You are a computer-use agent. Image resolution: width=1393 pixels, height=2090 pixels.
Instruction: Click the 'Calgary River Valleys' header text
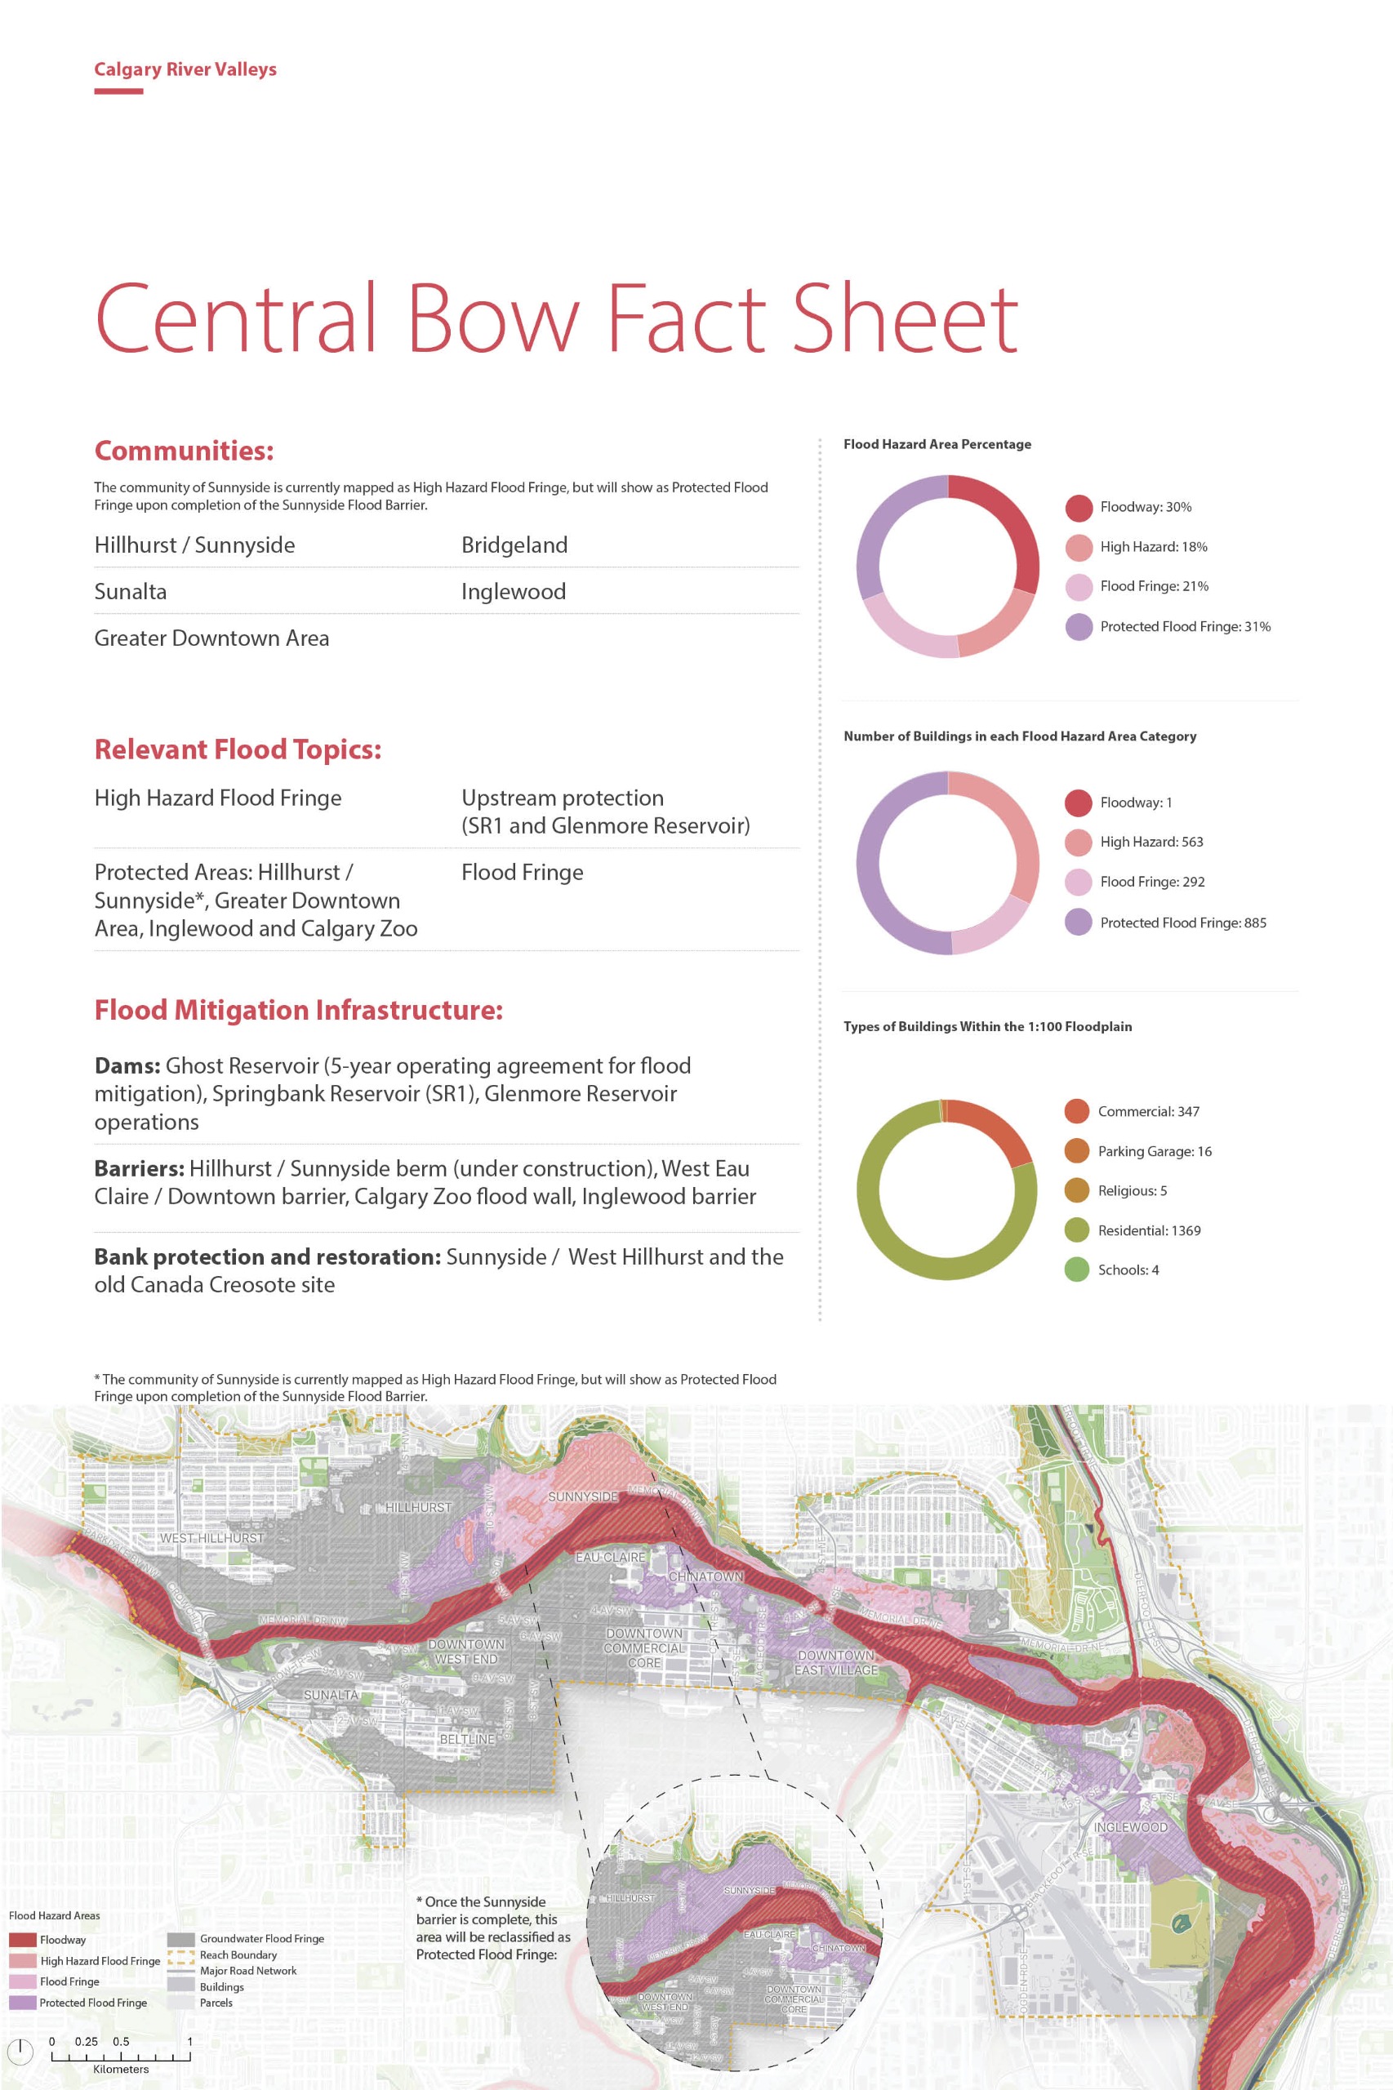[x=185, y=69]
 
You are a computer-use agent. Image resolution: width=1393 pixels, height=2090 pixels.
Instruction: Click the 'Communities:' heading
[x=184, y=451]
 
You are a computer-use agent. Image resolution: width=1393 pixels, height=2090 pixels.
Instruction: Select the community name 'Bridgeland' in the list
[x=514, y=545]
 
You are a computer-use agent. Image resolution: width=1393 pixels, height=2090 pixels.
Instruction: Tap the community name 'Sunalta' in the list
[x=131, y=592]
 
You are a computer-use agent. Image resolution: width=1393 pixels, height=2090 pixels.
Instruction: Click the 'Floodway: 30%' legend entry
[x=1145, y=507]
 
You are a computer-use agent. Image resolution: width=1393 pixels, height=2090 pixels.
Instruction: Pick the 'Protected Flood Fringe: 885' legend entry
[x=1182, y=923]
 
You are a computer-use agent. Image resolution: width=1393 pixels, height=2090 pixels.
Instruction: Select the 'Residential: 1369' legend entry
[x=1149, y=1230]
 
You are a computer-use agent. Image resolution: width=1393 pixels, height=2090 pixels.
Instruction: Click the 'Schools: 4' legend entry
[x=1128, y=1270]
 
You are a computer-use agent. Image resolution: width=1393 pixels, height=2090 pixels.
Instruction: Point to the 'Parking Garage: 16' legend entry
[x=1154, y=1151]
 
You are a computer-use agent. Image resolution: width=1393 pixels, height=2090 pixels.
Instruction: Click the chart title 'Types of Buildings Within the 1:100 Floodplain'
[x=987, y=1027]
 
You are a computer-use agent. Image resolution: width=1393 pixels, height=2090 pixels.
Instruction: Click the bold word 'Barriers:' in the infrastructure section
[x=139, y=1169]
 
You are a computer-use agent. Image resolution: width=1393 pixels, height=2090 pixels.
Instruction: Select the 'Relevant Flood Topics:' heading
[x=237, y=749]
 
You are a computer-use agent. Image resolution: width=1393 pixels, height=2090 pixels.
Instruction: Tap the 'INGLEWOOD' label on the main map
[x=1130, y=1827]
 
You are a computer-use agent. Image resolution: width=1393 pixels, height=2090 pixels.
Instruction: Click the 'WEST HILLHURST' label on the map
[x=211, y=1538]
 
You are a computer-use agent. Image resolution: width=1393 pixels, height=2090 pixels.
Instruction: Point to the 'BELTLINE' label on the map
[x=467, y=1738]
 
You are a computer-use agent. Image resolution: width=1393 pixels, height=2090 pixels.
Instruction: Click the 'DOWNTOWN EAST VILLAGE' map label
[x=835, y=1663]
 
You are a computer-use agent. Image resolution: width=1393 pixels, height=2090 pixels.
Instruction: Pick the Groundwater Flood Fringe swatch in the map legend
[x=181, y=1939]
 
